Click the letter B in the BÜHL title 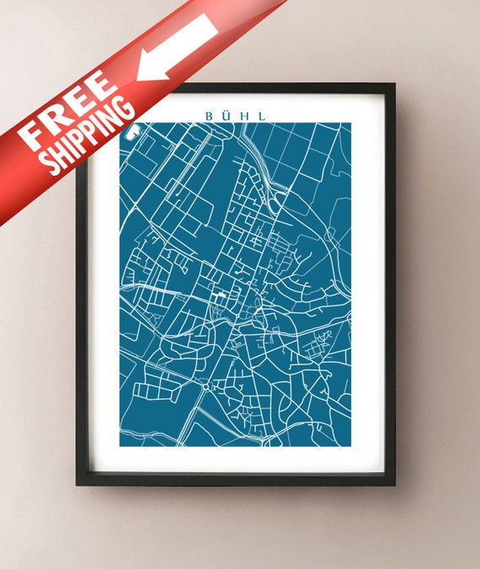point(208,116)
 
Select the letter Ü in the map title point(227,115)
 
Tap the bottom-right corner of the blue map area point(350,445)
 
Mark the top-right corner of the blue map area point(350,124)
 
